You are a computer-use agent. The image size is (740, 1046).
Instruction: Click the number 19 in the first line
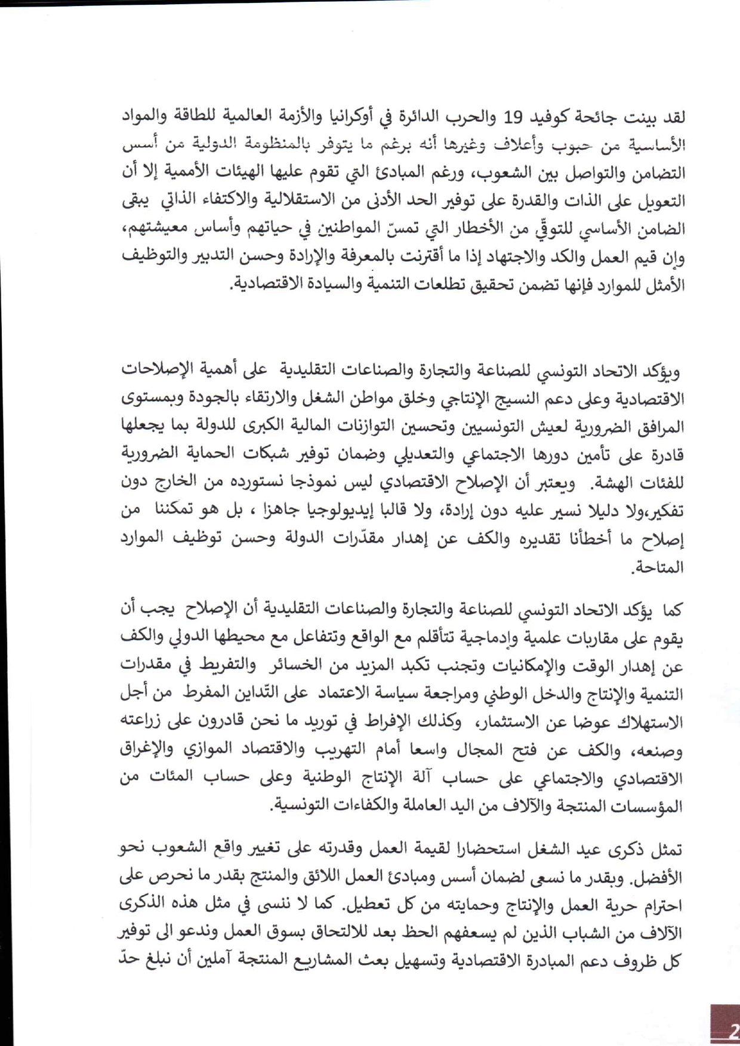click(513, 117)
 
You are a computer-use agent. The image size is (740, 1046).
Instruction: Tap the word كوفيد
click(545, 117)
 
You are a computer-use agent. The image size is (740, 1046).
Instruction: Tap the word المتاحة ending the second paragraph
click(658, 567)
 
